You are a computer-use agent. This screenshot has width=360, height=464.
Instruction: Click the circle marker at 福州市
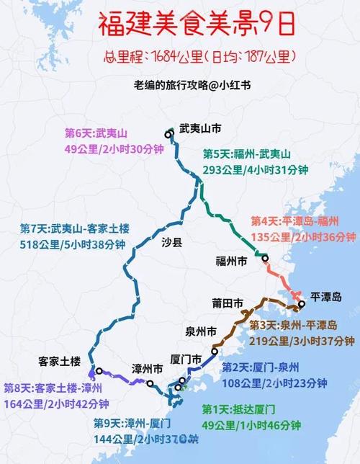point(264,258)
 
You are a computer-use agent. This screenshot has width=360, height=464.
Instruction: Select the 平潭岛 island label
point(326,297)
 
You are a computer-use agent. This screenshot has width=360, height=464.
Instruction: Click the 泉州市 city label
point(202,333)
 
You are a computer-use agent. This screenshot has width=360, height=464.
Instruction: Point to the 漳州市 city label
point(148,368)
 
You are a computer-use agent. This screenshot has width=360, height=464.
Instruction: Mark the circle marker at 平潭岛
point(302,305)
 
